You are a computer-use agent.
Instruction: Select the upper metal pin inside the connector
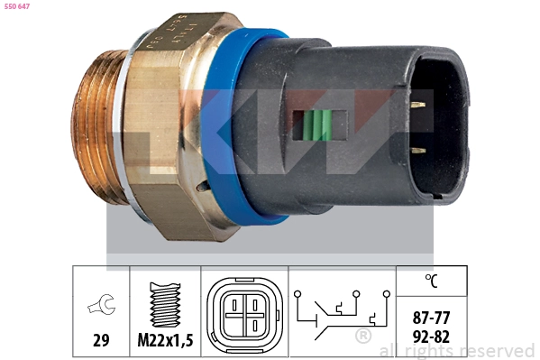tap(417, 105)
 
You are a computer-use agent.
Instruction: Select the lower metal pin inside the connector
tap(417, 153)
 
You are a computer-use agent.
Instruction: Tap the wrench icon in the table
tap(101, 308)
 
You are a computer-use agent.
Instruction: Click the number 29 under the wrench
tap(101, 340)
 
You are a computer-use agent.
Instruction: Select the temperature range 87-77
tap(432, 318)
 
